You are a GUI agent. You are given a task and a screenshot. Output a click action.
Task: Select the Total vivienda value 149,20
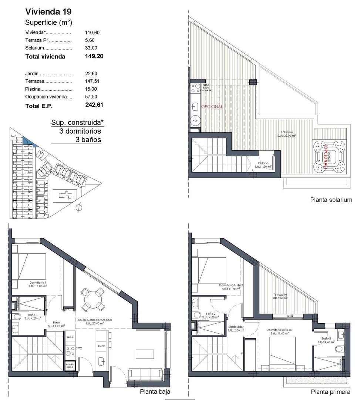pyautogui.click(x=94, y=57)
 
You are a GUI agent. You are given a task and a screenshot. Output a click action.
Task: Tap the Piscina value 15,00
pyautogui.click(x=91, y=89)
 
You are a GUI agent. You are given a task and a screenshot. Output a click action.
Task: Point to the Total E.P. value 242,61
pyautogui.click(x=94, y=105)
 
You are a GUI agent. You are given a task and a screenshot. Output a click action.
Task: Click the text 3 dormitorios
pyautogui.click(x=80, y=131)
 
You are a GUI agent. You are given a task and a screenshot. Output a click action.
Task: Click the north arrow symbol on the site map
pyautogui.click(x=78, y=208)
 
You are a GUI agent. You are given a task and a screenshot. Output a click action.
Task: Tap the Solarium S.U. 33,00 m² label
pyautogui.click(x=287, y=134)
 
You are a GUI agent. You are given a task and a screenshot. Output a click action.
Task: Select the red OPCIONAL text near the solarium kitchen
pyautogui.click(x=212, y=107)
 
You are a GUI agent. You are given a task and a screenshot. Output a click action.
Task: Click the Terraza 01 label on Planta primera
pyautogui.click(x=280, y=296)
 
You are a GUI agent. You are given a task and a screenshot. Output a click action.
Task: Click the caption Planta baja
pyautogui.click(x=155, y=392)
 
